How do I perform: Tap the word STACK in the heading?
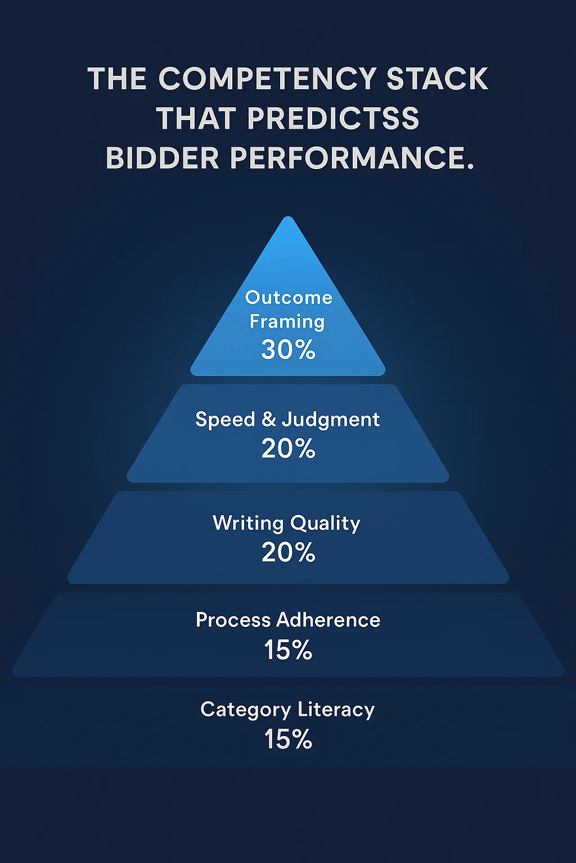(437, 79)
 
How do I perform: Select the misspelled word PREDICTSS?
(333, 119)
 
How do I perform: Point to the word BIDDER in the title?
(162, 158)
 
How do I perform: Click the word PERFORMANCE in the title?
(352, 158)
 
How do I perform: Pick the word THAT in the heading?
(196, 119)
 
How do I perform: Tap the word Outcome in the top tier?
(289, 297)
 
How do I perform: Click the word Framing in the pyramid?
(287, 322)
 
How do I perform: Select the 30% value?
(288, 349)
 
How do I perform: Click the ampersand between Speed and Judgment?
(269, 419)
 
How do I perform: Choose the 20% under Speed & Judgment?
(288, 448)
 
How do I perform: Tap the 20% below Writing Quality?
(288, 552)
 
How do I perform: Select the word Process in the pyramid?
(233, 620)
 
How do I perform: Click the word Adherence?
(328, 620)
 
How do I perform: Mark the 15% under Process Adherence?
(288, 650)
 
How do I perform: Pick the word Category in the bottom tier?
(245, 710)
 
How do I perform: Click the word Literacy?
(336, 710)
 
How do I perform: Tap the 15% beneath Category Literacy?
(288, 739)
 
